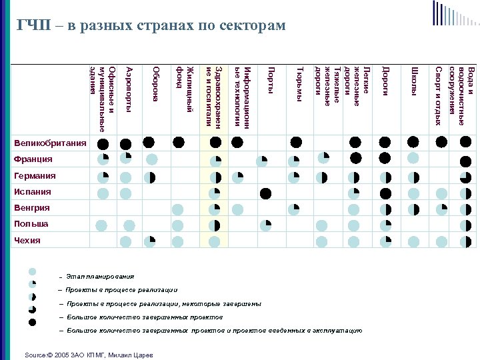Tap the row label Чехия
coord(27,241)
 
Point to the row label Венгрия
coord(32,208)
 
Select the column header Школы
coord(414,79)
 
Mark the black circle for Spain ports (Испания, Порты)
coord(266,193)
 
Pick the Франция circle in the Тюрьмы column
coord(293,161)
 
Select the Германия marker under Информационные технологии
coord(237,177)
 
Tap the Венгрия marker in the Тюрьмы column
coord(293,209)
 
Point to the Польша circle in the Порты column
coord(266,225)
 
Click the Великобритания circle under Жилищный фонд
coord(178,141)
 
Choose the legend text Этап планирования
coord(100,277)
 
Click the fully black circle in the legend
coord(32,323)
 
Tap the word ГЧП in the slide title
coord(33,25)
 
